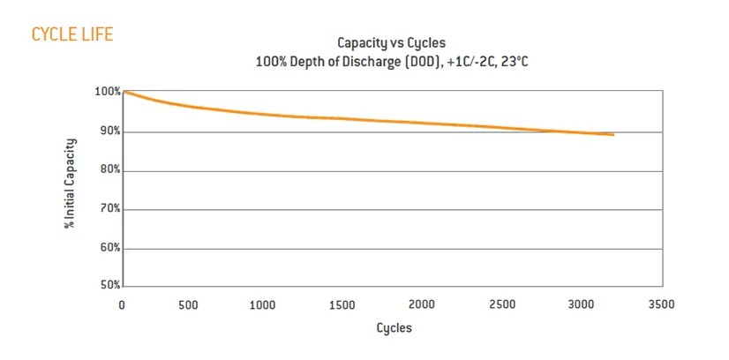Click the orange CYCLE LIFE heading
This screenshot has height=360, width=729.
click(71, 34)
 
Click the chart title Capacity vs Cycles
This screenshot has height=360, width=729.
click(391, 42)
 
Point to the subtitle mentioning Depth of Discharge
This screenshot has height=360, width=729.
click(391, 62)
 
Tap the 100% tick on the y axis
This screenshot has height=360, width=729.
click(107, 92)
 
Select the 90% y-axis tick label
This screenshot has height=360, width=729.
click(109, 131)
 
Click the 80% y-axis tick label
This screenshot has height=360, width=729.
click(109, 170)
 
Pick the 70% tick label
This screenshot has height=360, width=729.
click(109, 209)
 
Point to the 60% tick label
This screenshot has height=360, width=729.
click(109, 248)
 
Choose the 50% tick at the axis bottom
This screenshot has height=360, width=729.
click(109, 286)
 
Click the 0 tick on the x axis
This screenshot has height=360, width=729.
click(123, 304)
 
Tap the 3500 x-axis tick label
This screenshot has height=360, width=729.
click(660, 304)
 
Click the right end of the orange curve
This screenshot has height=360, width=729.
click(613, 135)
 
